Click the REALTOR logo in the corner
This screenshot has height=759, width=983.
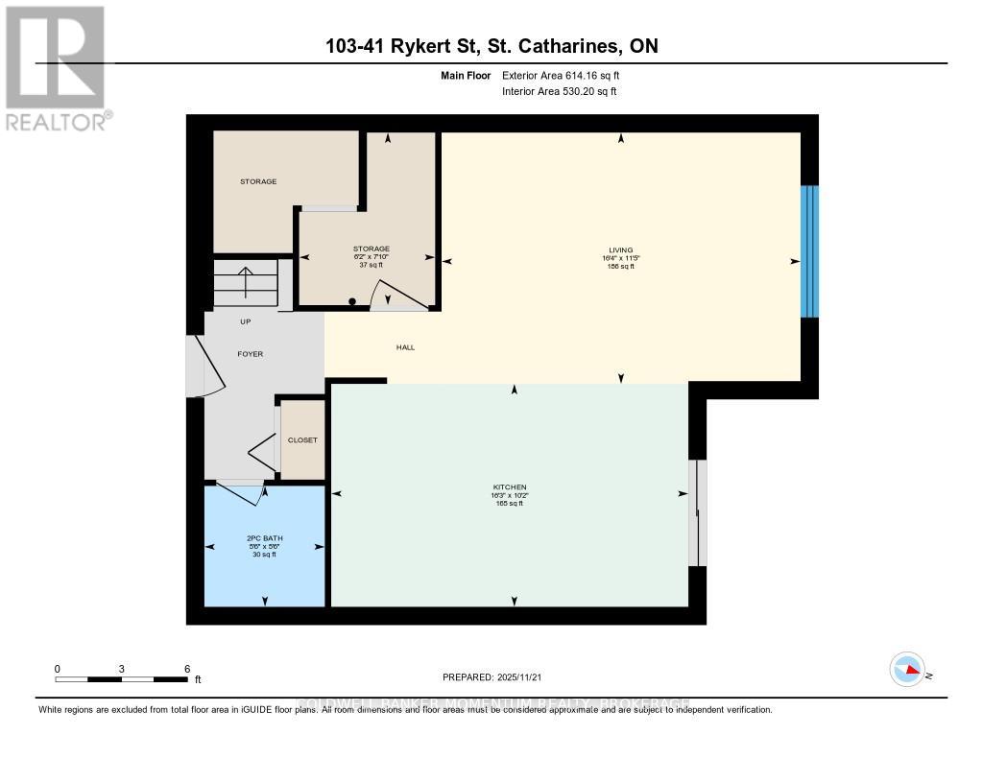point(56,67)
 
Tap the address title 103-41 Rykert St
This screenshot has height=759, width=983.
point(491,46)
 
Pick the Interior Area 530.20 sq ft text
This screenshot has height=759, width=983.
point(559,91)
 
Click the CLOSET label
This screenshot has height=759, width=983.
point(302,440)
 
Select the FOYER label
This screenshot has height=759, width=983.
point(250,354)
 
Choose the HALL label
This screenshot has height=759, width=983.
point(405,347)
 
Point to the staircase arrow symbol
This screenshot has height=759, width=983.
point(246,284)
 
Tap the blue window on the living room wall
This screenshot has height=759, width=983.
point(810,251)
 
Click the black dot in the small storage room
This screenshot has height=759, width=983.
point(352,302)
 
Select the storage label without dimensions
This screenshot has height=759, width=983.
point(258,181)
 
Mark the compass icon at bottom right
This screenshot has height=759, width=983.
point(907,669)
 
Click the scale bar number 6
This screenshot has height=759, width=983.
point(187,669)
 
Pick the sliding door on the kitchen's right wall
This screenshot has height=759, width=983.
point(698,513)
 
